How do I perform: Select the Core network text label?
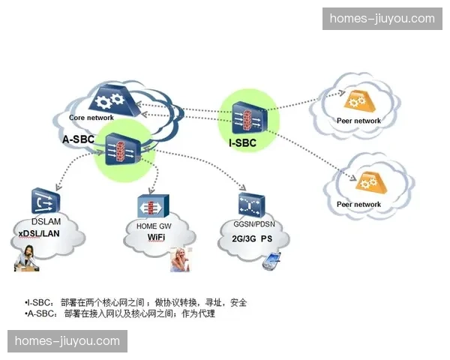[91, 118]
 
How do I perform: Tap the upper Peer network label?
[358, 121]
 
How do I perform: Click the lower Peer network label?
[358, 204]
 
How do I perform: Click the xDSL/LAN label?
[38, 234]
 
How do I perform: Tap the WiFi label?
[156, 237]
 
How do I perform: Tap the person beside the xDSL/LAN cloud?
[27, 258]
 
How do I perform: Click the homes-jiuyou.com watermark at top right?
[382, 19]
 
